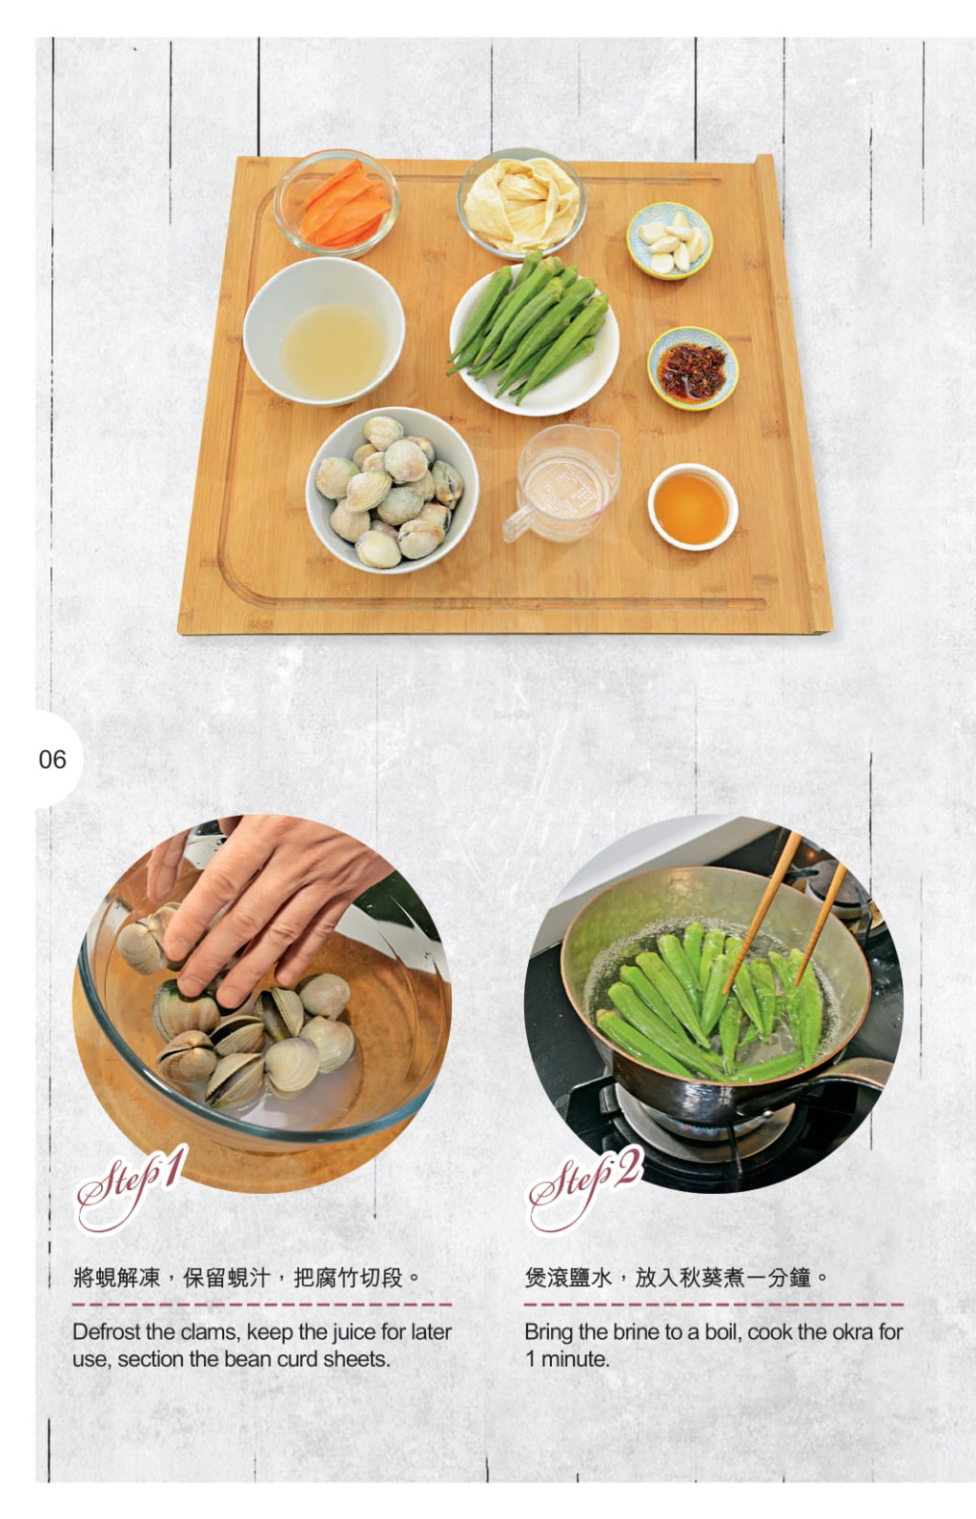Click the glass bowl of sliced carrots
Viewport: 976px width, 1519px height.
click(x=336, y=202)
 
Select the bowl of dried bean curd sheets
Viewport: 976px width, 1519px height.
click(x=521, y=202)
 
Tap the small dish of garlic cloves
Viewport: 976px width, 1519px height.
click(x=669, y=240)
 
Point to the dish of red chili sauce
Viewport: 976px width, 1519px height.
click(x=693, y=368)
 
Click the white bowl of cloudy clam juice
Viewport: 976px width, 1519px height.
click(x=324, y=332)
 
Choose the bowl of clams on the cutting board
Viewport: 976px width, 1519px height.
click(x=392, y=490)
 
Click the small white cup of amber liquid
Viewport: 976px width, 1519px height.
click(x=693, y=507)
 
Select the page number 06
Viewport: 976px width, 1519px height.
click(x=53, y=759)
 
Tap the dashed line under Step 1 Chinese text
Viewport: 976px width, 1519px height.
click(x=262, y=1304)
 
